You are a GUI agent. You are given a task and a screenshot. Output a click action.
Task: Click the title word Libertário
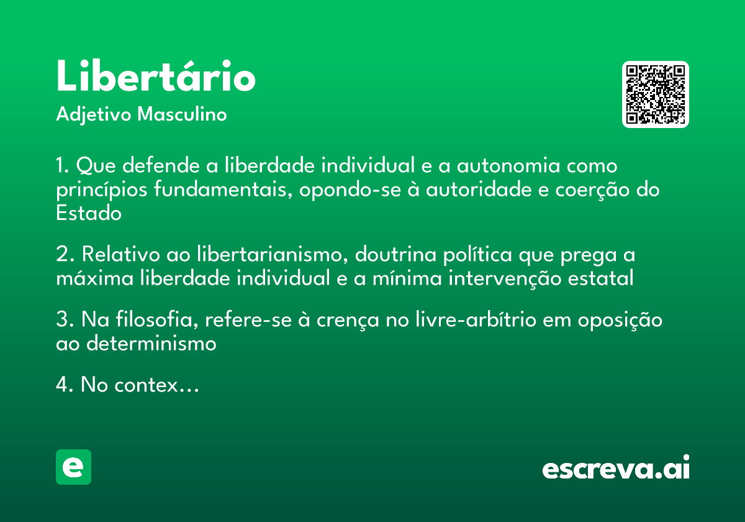click(156, 75)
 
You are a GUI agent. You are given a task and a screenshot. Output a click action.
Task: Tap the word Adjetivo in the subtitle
click(94, 115)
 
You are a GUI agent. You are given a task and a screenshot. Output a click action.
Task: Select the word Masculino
click(182, 114)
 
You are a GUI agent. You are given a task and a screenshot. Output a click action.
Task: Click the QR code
click(655, 94)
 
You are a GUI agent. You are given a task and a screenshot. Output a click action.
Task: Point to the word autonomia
click(508, 165)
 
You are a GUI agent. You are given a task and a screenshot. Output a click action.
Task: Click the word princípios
click(101, 190)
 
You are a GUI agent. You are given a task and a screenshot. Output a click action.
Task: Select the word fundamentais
click(223, 189)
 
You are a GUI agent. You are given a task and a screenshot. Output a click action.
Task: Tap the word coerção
click(592, 190)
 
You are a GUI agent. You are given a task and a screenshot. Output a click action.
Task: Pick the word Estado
click(89, 213)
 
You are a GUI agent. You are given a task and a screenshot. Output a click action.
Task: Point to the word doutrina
click(395, 255)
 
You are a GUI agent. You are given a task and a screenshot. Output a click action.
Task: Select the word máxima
click(95, 278)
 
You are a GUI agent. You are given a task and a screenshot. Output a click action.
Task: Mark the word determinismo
click(151, 343)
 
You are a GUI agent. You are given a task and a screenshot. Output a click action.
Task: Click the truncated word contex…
click(156, 385)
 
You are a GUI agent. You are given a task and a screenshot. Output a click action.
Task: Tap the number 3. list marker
click(65, 319)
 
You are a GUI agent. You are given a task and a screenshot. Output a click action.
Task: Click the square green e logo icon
click(73, 467)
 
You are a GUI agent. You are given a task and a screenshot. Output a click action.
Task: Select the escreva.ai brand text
click(616, 467)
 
